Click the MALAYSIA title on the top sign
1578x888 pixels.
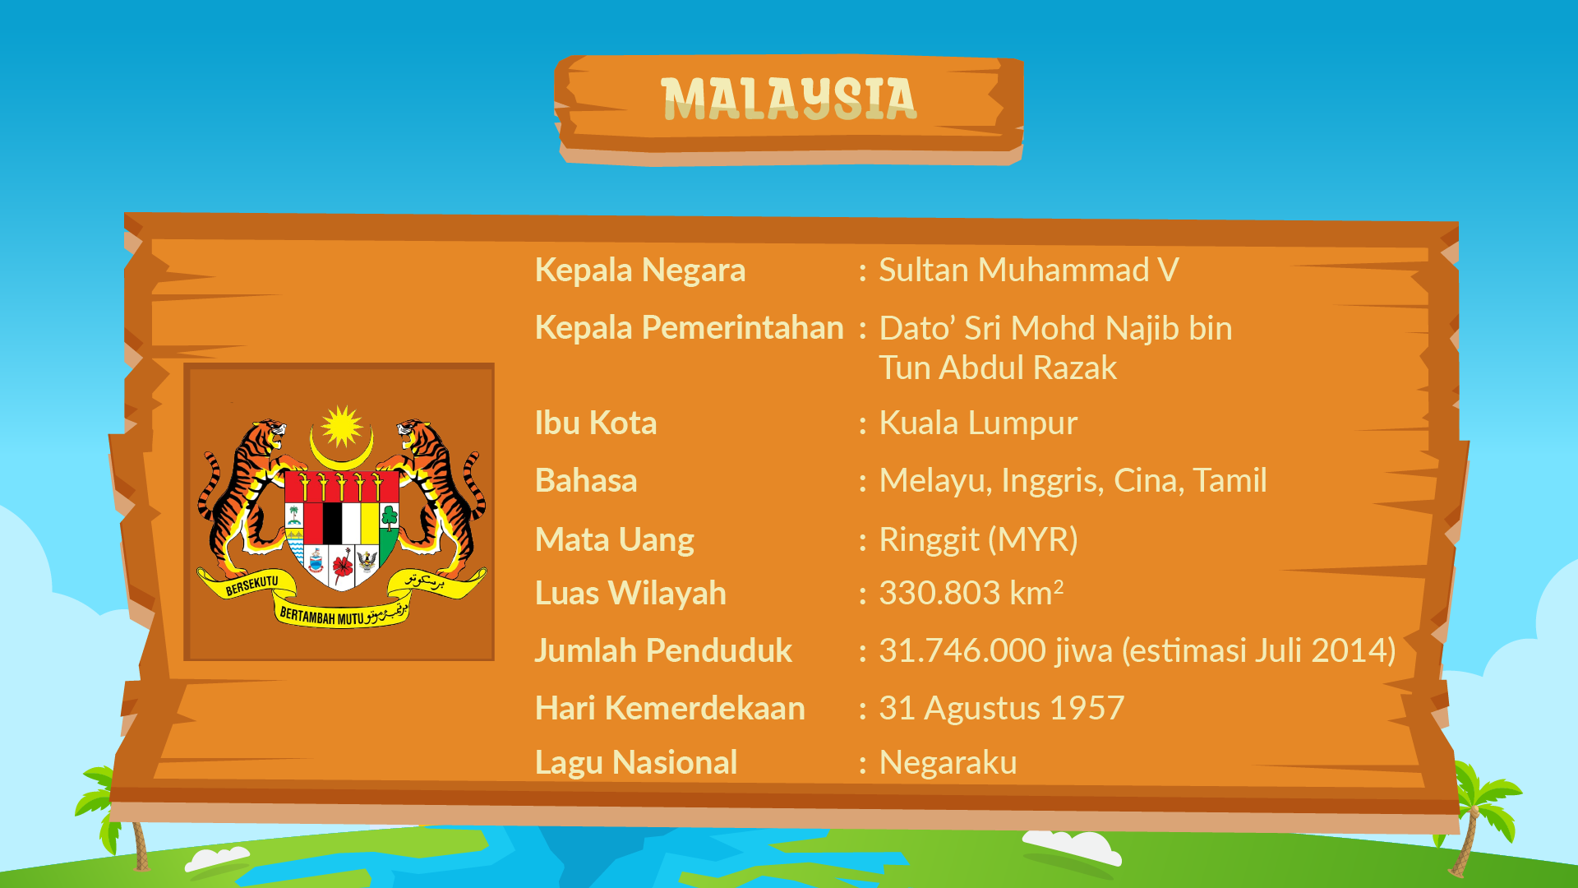[788, 99]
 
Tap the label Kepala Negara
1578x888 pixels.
[640, 271]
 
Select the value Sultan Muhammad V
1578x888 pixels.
[1029, 270]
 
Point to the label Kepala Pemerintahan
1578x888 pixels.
[689, 328]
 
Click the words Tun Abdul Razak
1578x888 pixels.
[998, 368]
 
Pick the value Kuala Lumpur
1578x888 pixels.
[978, 423]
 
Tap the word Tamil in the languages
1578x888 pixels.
[1230, 481]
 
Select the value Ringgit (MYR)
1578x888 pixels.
[978, 540]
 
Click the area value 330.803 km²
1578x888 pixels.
[971, 593]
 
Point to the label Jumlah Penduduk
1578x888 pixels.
[663, 650]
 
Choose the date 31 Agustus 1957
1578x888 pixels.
[1002, 709]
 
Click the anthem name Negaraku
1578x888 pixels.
[948, 763]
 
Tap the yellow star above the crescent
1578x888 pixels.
[342, 427]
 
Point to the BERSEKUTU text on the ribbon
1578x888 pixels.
[251, 585]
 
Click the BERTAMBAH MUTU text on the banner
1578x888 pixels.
[321, 616]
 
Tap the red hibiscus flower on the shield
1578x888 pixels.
[343, 565]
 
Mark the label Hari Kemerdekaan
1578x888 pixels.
[670, 709]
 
